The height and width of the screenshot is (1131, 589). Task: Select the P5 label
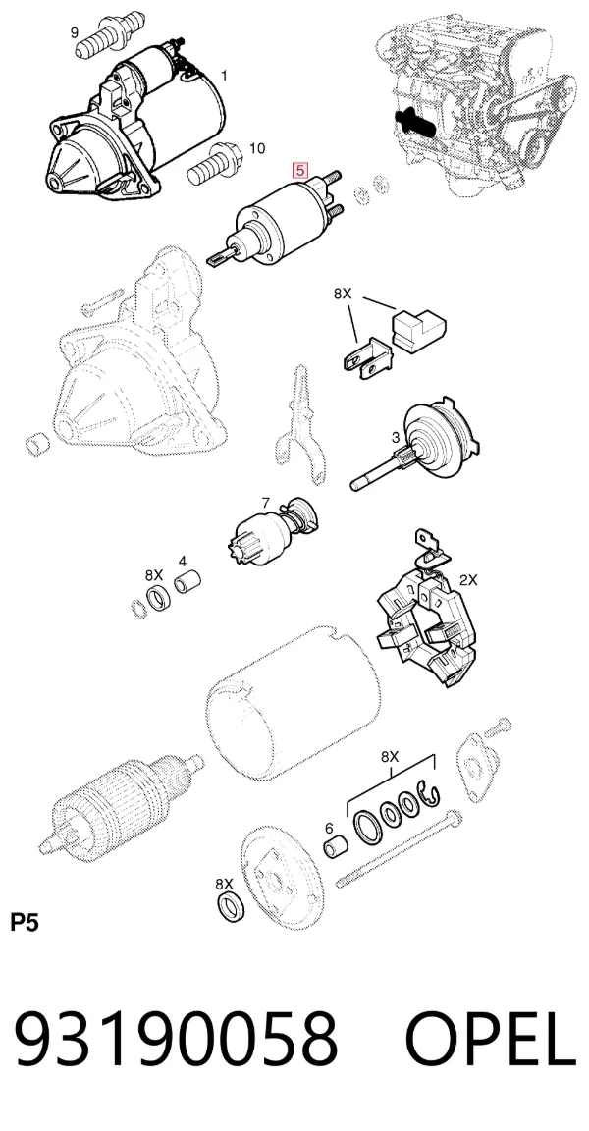tap(24, 923)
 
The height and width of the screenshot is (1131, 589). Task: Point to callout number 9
tap(75, 31)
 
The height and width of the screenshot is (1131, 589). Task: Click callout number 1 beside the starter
tap(224, 75)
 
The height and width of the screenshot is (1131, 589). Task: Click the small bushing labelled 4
tap(187, 582)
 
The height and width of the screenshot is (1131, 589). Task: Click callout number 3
tap(395, 437)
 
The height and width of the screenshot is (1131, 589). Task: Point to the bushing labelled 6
tap(335, 848)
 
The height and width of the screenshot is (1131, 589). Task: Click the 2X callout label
tap(468, 580)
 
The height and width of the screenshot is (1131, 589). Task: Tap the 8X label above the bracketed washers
tap(390, 757)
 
